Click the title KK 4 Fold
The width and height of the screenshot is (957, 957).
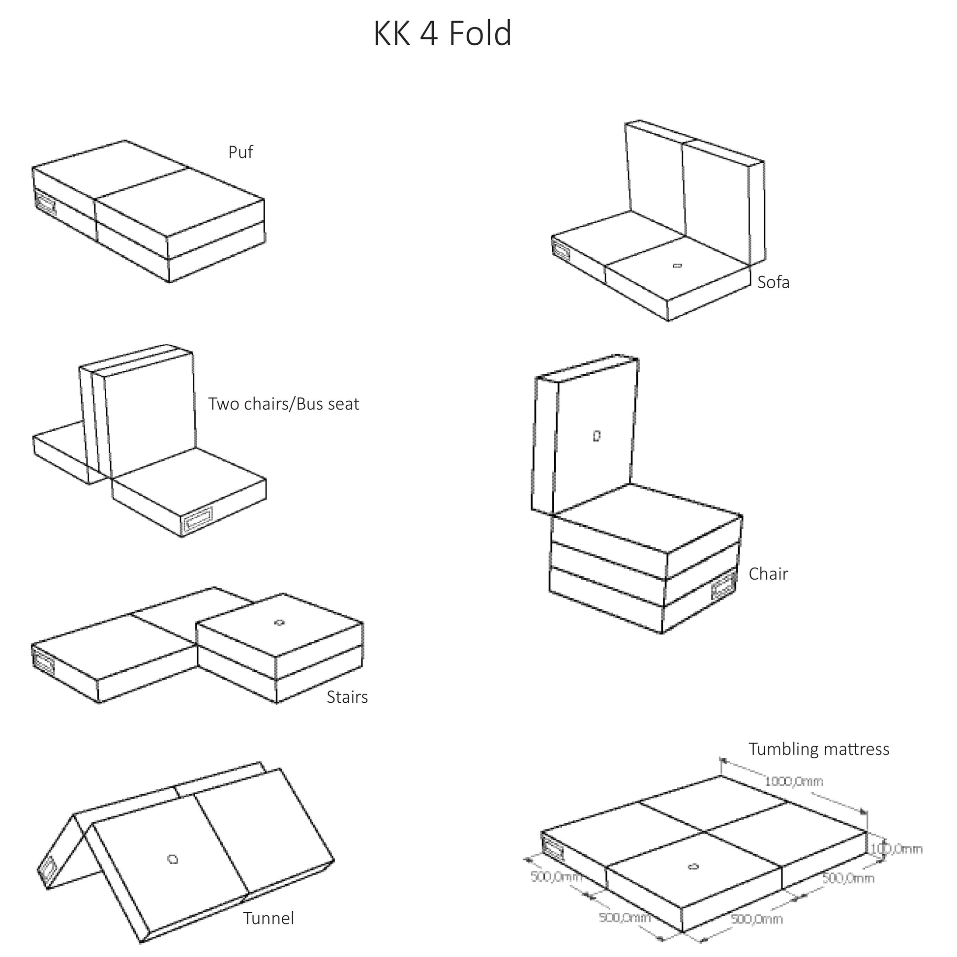pos(442,33)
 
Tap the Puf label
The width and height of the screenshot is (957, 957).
pos(241,152)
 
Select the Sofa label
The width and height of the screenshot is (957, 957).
pos(773,283)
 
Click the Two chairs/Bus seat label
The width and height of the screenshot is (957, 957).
pos(283,404)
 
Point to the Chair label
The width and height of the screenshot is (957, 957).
pos(768,574)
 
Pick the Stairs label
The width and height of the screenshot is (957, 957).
pos(347,697)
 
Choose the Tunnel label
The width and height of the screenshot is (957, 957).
pos(269,918)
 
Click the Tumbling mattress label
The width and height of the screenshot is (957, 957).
pos(819,749)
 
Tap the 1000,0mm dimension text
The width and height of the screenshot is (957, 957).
pos(794,781)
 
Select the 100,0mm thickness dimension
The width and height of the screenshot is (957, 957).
pos(897,849)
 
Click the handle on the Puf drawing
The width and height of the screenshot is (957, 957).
pos(45,203)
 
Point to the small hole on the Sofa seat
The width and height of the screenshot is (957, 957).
pos(677,266)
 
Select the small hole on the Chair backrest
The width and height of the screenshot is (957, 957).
pos(597,436)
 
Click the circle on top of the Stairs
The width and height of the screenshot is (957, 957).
pos(279,623)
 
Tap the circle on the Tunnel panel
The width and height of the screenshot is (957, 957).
pos(173,860)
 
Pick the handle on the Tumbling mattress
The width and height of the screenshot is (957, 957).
pos(552,847)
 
